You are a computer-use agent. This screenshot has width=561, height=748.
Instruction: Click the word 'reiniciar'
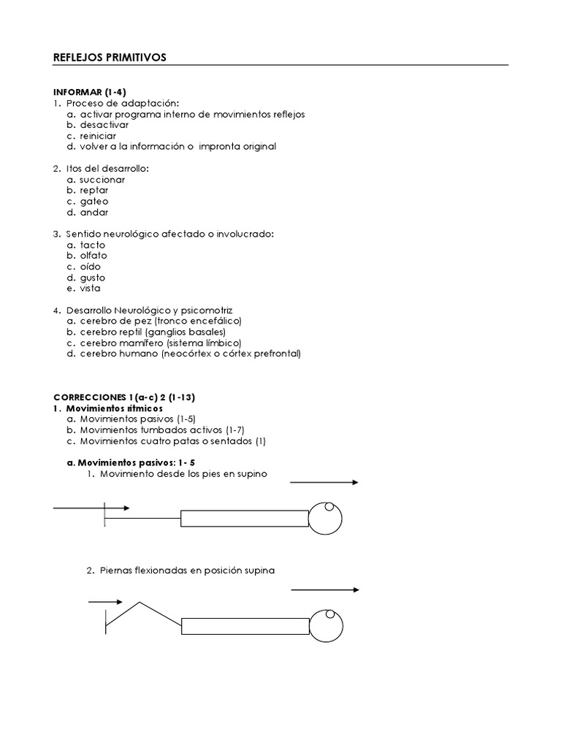click(x=98, y=136)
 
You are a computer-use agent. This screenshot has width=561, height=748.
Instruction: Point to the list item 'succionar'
click(x=102, y=179)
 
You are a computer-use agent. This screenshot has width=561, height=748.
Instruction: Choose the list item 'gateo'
click(x=95, y=201)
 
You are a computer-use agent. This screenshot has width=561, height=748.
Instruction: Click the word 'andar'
click(x=94, y=213)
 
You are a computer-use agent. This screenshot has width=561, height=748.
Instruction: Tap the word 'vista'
click(x=91, y=288)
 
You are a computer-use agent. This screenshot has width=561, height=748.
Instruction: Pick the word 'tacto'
click(x=93, y=245)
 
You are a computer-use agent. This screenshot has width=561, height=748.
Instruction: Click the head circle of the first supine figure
click(x=325, y=519)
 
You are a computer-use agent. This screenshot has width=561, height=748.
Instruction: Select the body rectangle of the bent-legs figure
click(x=245, y=627)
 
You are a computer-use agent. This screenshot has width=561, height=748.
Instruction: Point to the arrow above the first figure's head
click(x=324, y=483)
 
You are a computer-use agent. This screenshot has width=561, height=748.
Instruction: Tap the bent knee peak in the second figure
click(x=140, y=603)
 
